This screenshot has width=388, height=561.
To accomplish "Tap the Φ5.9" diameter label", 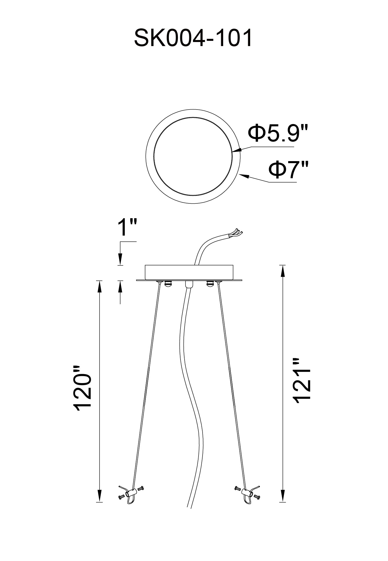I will pyautogui.click(x=277, y=133).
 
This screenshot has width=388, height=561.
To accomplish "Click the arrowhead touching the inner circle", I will pyautogui.click(x=236, y=150).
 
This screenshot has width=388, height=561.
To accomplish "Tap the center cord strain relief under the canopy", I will pyautogui.click(x=189, y=284).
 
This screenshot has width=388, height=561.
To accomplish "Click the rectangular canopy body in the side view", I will pyautogui.click(x=189, y=272).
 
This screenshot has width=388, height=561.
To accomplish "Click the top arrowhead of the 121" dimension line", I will pyautogui.click(x=282, y=271).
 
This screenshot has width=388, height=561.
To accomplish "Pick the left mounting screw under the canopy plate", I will pyautogui.click(x=167, y=284).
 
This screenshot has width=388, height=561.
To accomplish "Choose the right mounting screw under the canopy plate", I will pyautogui.click(x=209, y=284).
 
